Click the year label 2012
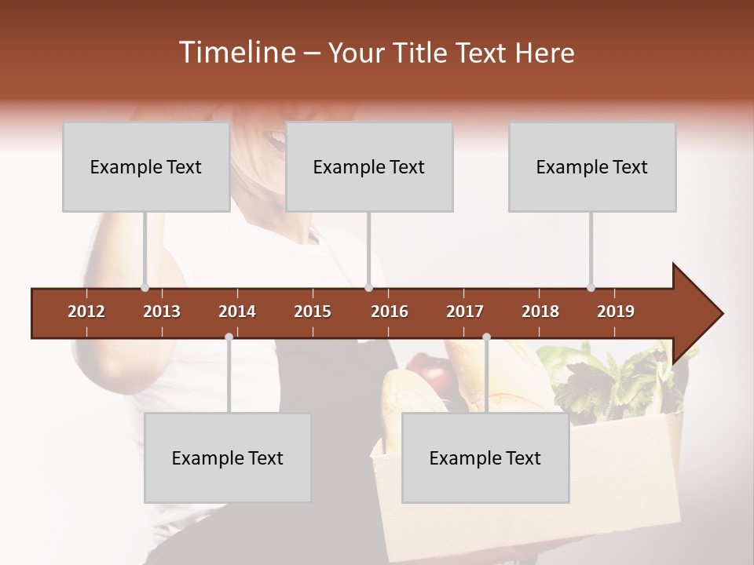coord(86,312)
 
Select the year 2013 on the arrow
coord(162,312)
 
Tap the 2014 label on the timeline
coord(237,312)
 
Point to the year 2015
coord(313,312)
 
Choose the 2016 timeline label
coord(390,312)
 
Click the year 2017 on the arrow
coord(465,312)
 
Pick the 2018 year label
coord(540,312)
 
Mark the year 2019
coord(616,312)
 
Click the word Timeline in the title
coord(236,53)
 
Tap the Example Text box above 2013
coord(146,166)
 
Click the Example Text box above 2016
coord(369,166)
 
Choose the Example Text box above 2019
coord(592,166)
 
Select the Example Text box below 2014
coord(228,457)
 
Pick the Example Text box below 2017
coord(485,457)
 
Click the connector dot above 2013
coord(145,287)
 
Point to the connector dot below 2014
coord(229,337)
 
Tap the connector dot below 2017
coord(486,337)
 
